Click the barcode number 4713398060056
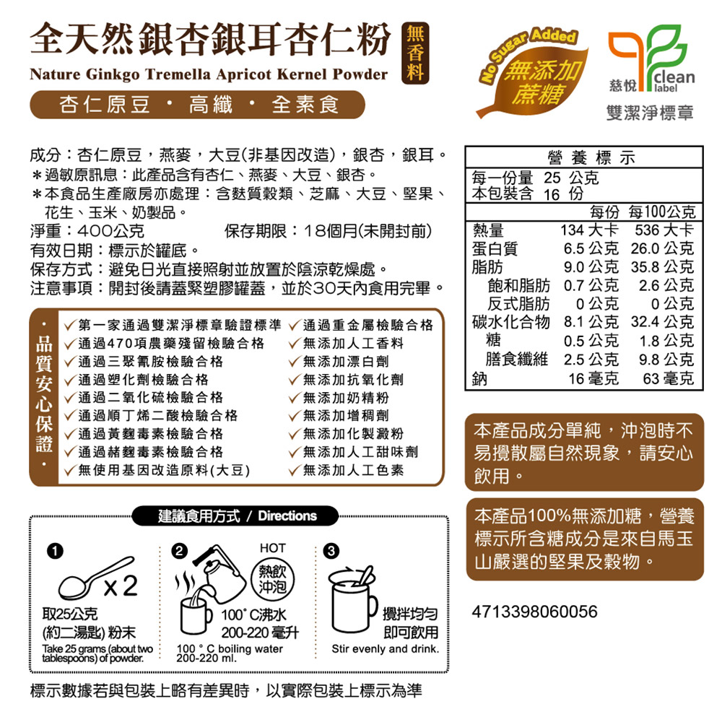534,612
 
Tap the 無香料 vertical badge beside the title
415,53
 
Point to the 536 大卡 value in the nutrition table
664,230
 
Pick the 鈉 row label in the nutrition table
479,378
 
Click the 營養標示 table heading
591,157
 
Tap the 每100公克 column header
662,212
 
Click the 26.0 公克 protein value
662,248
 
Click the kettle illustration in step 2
219,573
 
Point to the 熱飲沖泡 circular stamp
273,579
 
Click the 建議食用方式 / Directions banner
236,516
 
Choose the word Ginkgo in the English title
112,74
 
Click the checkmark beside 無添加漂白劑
295,362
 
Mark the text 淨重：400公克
87,231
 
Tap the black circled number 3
331,551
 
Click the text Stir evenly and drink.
385,649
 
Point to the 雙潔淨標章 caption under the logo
650,113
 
